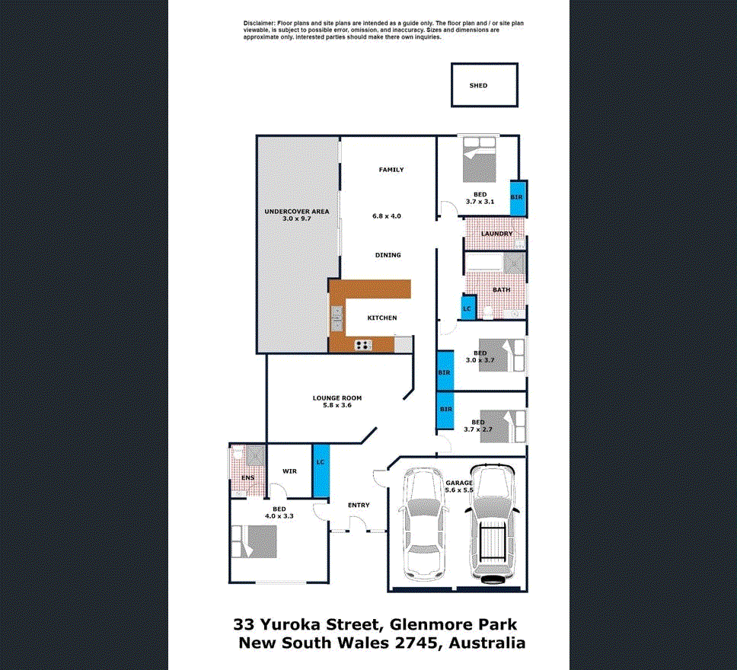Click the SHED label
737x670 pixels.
pyautogui.click(x=478, y=86)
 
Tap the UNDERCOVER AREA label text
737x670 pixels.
pyautogui.click(x=296, y=211)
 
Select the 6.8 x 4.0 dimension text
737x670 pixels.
pyautogui.click(x=387, y=216)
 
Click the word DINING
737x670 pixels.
pyautogui.click(x=388, y=255)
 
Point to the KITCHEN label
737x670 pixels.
pyautogui.click(x=382, y=318)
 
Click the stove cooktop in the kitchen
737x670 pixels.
pyautogui.click(x=363, y=345)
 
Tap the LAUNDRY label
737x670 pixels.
pyautogui.click(x=496, y=234)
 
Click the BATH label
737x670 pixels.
pyautogui.click(x=501, y=289)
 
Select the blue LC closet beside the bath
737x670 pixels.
pyautogui.click(x=468, y=308)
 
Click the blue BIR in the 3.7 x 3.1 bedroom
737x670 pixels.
pyautogui.click(x=517, y=198)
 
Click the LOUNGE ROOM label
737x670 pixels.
pyautogui.click(x=337, y=398)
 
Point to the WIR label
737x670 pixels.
pyautogui.click(x=289, y=471)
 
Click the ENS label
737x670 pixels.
pyautogui.click(x=247, y=477)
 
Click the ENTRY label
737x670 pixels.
pyautogui.click(x=359, y=505)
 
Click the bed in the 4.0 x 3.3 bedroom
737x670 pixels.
pyautogui.click(x=252, y=543)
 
